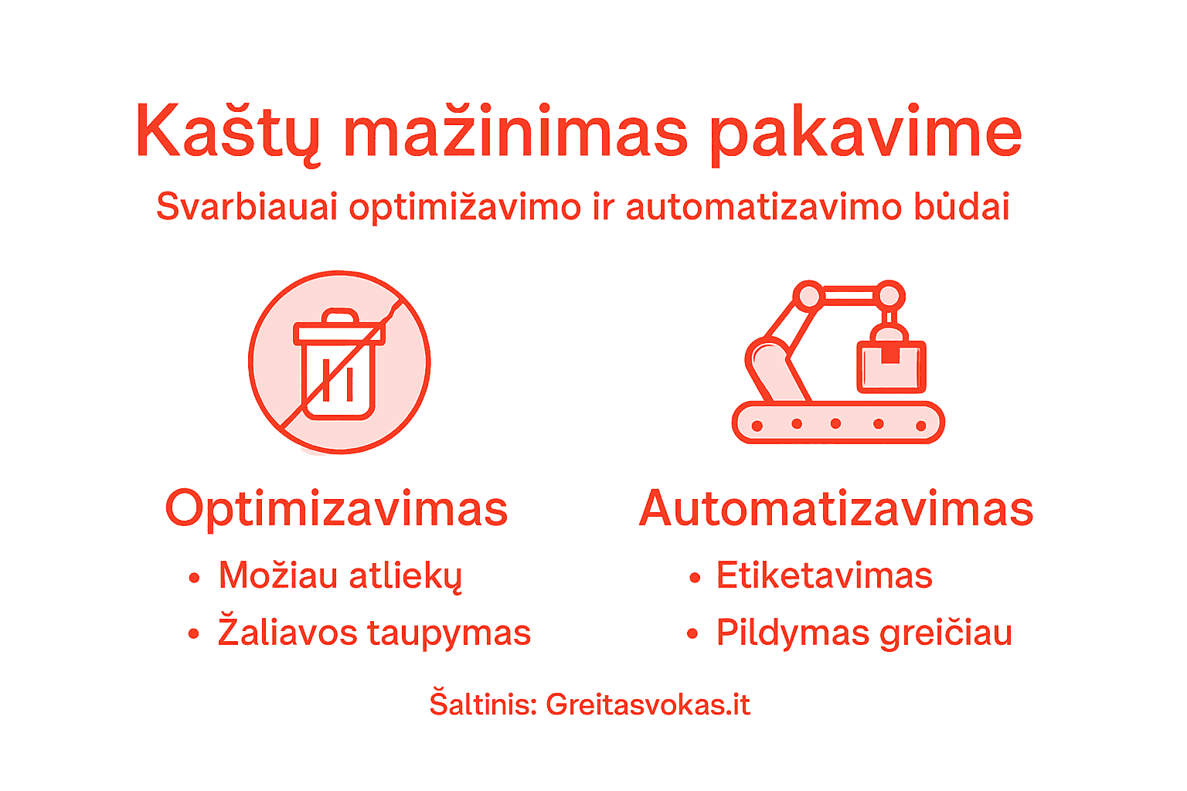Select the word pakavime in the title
pos(866,133)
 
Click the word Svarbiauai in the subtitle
pos(247,207)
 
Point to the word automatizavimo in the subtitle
pos(764,207)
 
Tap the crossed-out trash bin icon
pos(339,362)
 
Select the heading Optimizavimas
pos(336,509)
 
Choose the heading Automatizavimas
pos(836,509)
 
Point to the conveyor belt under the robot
pos(838,423)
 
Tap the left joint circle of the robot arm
pos(809,296)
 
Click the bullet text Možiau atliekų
pos(340,576)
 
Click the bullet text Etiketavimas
pos(824,576)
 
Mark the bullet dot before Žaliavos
pos(194,634)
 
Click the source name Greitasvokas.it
pos(648,704)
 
